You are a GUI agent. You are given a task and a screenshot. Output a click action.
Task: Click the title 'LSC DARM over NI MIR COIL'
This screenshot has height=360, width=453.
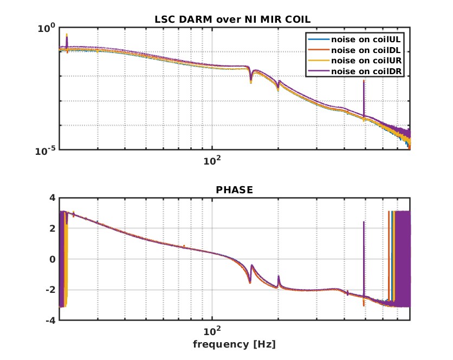pos(232,19)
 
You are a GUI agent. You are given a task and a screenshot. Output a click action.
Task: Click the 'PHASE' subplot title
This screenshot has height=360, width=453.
pos(234,189)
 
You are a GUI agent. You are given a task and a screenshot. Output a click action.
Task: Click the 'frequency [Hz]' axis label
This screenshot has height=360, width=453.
pos(234,344)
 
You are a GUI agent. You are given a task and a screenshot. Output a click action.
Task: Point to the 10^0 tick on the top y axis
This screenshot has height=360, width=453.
pos(46,28)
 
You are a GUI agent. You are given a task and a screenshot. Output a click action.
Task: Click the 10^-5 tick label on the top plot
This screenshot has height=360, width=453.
pos(45,150)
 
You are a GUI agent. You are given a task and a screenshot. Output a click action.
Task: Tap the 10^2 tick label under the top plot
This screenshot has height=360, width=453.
pos(212,160)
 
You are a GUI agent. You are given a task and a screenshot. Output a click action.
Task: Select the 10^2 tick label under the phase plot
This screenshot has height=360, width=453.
pos(212,331)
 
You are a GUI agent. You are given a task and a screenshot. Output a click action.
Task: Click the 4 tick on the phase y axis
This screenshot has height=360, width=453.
pos(53,198)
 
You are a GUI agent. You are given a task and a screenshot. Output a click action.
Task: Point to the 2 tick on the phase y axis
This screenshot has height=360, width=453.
pos(53,228)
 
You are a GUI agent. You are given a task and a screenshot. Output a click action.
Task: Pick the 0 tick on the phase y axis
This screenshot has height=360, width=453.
pos(53,259)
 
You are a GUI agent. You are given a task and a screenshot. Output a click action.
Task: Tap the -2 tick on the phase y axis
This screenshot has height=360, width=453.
pos(50,290)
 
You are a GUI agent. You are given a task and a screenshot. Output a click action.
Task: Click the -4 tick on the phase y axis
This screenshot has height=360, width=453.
pos(50,320)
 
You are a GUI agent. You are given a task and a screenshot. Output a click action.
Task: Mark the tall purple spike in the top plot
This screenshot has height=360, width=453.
pos(364,98)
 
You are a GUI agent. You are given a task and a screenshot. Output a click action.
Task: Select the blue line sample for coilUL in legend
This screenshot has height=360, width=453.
pos(319,40)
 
